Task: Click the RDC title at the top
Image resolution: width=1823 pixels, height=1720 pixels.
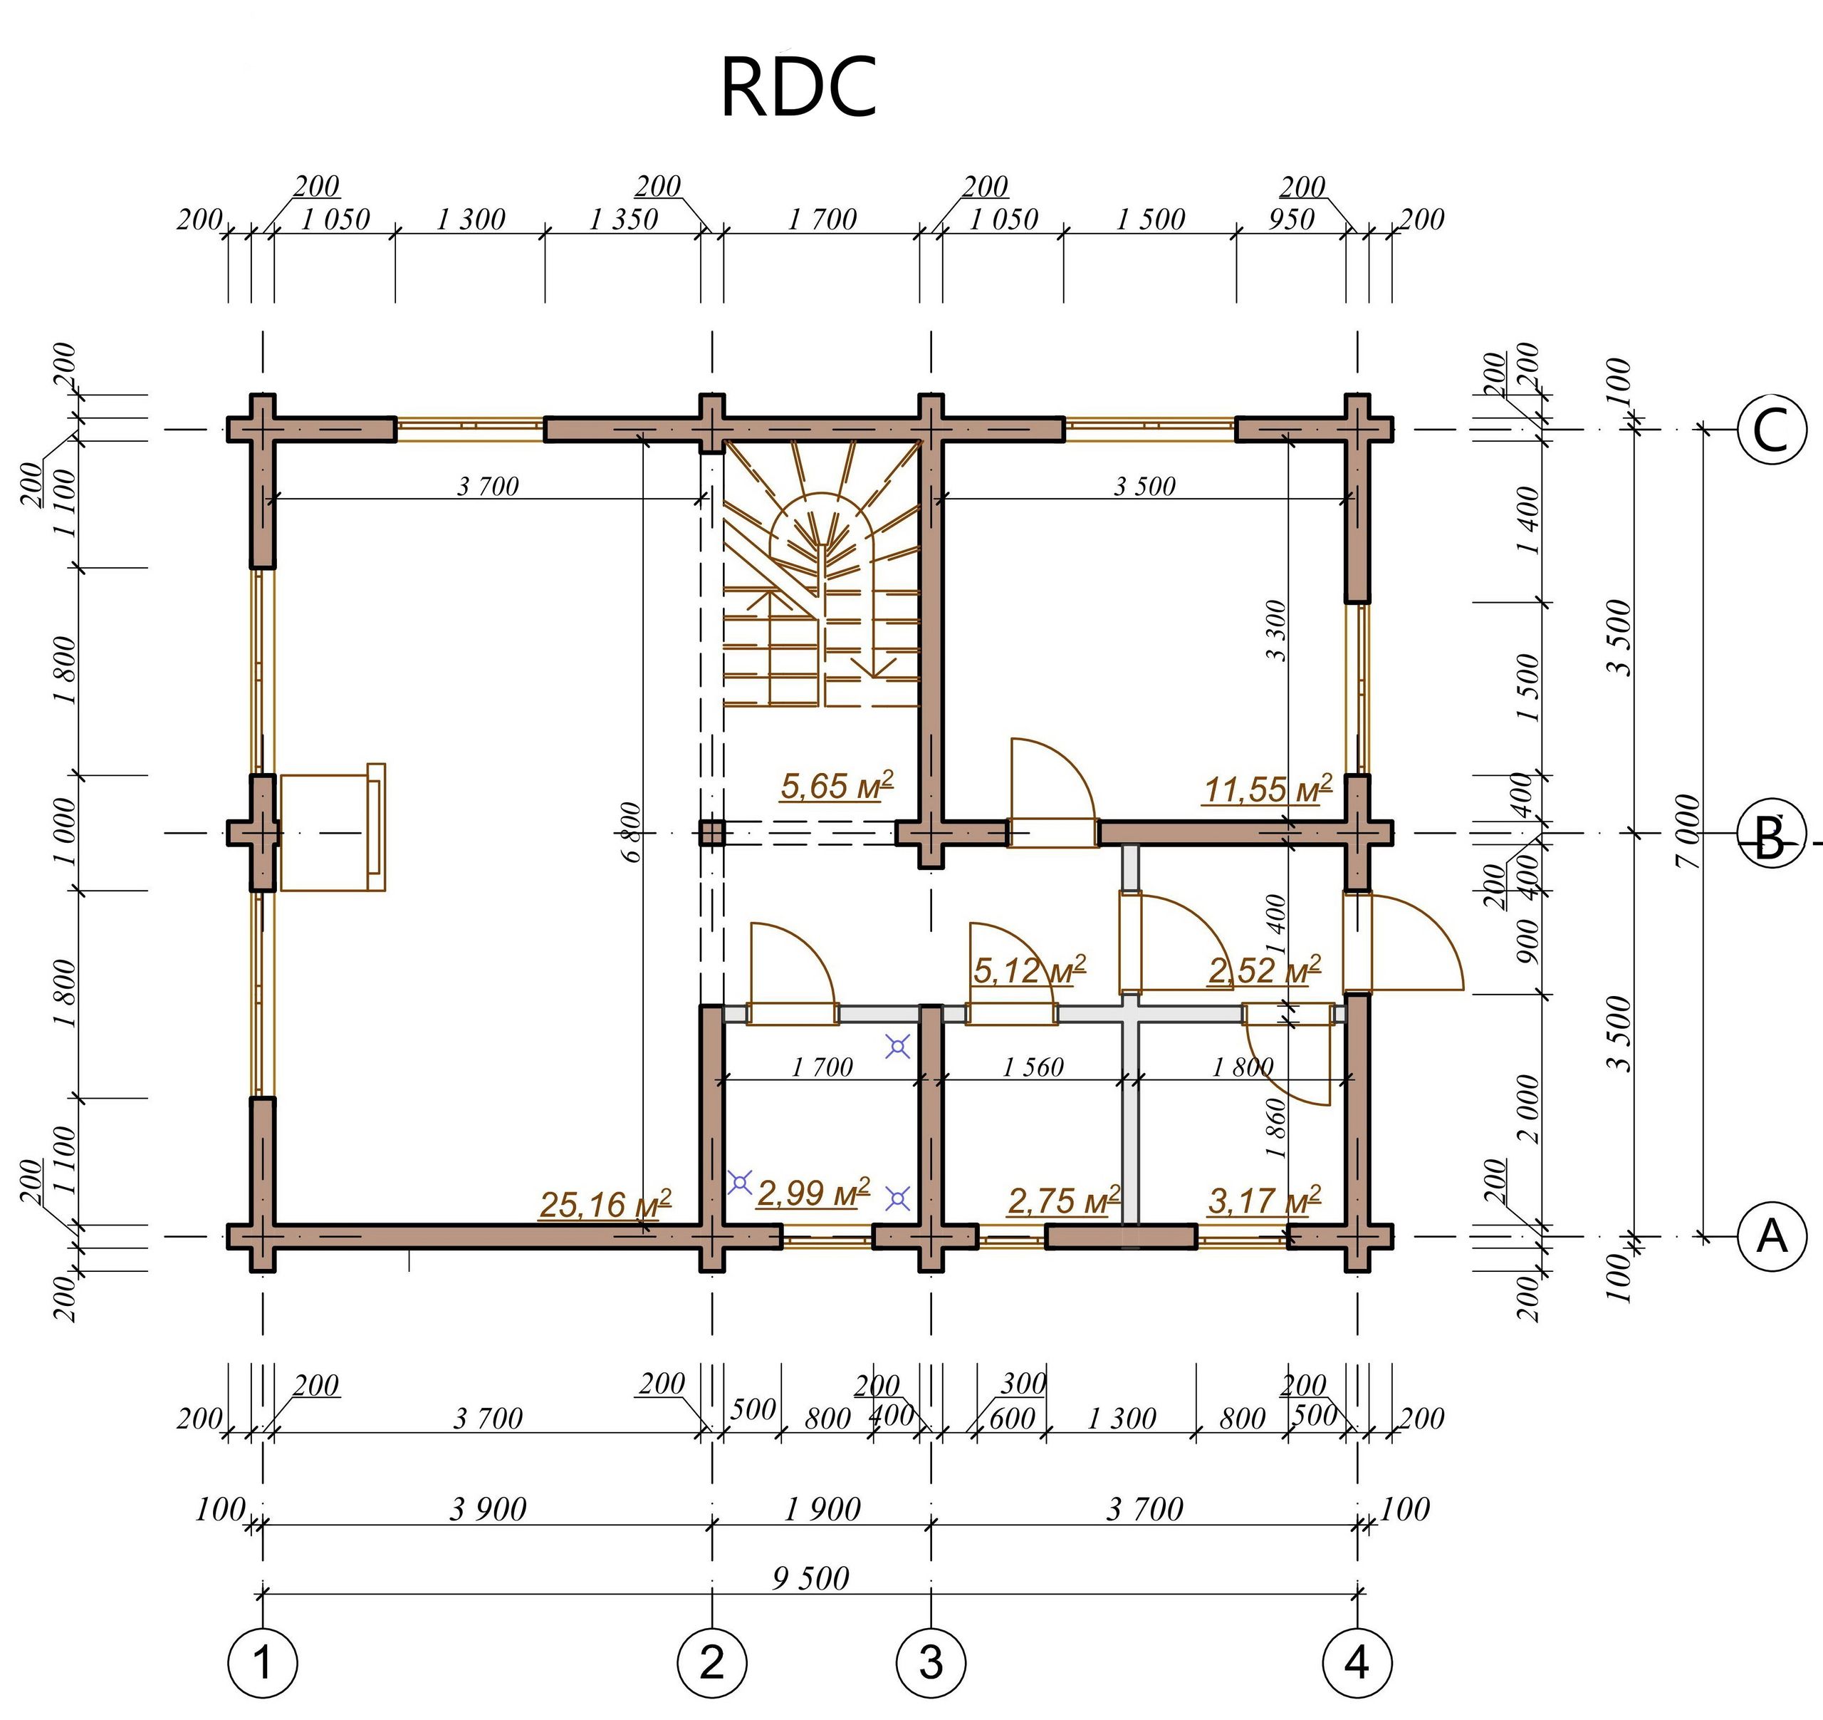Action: point(798,87)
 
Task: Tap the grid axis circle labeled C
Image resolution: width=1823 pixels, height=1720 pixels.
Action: point(1772,430)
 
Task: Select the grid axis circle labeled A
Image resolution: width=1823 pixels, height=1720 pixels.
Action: point(1772,1237)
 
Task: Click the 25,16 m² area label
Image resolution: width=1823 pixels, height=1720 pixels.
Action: point(605,1204)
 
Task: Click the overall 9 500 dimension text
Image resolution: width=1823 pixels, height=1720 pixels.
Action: point(810,1577)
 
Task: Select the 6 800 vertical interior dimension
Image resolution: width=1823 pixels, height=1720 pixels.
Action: point(631,832)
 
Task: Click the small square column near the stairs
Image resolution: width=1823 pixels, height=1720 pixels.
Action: point(711,833)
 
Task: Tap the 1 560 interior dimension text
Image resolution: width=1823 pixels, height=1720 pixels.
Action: point(1033,1067)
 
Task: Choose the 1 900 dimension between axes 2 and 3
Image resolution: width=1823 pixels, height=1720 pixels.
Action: point(822,1509)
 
